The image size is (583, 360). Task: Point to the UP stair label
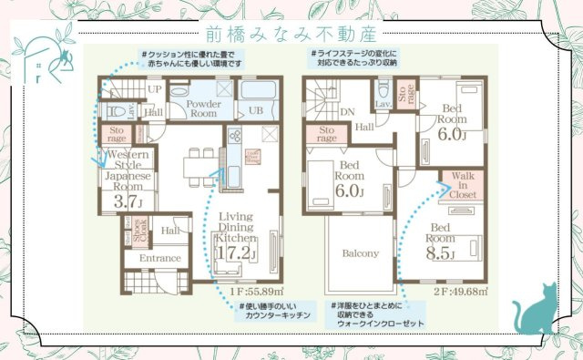pyautogui.click(x=156, y=89)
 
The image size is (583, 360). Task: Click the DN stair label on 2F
pyautogui.click(x=347, y=114)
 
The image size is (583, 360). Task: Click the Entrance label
pyautogui.click(x=160, y=260)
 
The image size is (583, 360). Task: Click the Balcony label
pyautogui.click(x=360, y=253)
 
